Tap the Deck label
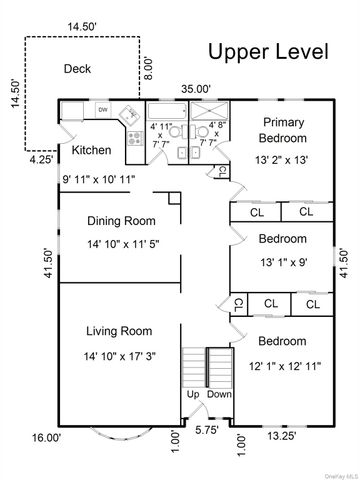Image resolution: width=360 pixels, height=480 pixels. click(77, 69)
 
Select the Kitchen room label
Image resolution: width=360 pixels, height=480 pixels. click(91, 150)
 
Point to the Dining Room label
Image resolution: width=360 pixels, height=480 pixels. click(120, 221)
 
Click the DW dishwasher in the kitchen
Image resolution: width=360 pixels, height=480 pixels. click(102, 109)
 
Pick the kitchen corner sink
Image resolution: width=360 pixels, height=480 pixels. click(129, 113)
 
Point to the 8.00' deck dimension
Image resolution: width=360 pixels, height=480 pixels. click(149, 67)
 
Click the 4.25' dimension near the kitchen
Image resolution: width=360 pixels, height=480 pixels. click(41, 158)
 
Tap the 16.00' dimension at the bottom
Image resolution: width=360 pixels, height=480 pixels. click(46, 437)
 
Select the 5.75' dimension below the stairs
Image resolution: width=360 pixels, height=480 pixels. click(207, 429)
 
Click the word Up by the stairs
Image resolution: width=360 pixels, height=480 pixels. click(194, 394)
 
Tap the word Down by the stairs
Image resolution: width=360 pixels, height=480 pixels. click(219, 394)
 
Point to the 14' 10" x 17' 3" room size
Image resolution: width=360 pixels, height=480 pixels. click(118, 356)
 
